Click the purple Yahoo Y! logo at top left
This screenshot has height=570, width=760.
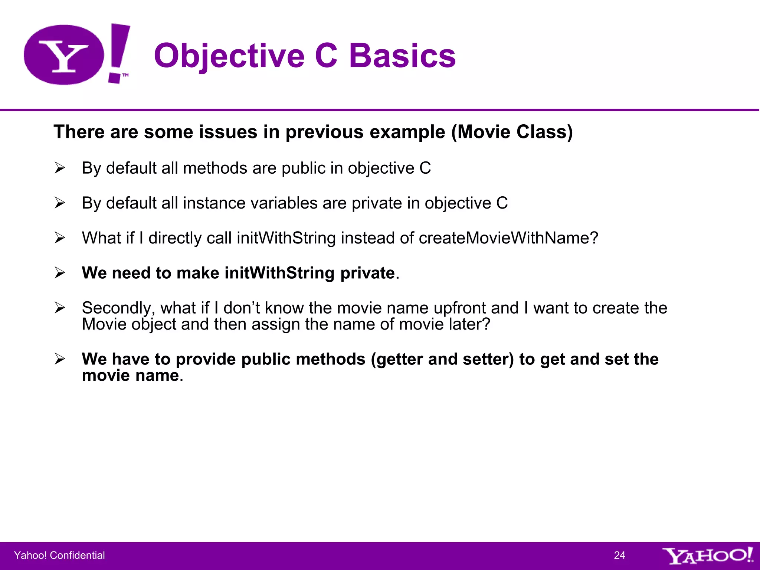pos(76,55)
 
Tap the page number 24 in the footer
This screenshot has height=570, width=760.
pos(619,555)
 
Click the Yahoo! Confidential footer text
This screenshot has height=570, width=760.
pos(59,555)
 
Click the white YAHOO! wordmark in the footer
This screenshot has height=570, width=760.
pos(707,556)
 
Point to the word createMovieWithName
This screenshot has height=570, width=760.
pos(508,238)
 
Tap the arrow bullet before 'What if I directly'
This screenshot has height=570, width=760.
pos(60,237)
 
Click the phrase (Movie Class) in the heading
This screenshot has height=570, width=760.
pos(512,132)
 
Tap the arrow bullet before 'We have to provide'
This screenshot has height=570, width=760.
pos(60,359)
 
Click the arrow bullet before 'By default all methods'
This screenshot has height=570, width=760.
pos(60,168)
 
